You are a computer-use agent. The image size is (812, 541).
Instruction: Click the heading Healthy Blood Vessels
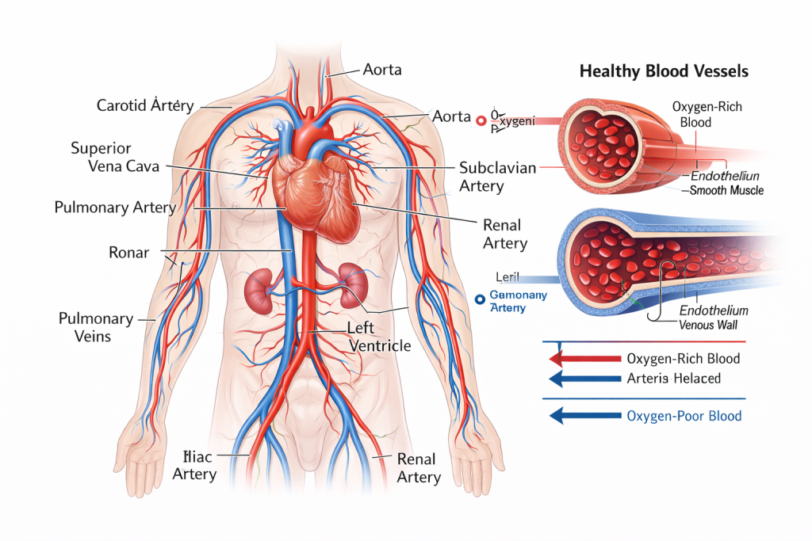click(x=664, y=71)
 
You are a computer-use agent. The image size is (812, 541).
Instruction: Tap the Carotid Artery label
click(x=145, y=105)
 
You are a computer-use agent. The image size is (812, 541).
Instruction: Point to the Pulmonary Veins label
click(x=96, y=327)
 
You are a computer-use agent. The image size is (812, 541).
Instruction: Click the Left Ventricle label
click(x=379, y=337)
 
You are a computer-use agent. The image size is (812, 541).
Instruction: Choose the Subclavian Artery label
click(x=497, y=177)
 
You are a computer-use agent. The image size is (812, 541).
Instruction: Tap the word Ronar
click(x=129, y=253)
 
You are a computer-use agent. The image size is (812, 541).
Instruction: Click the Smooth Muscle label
click(x=726, y=191)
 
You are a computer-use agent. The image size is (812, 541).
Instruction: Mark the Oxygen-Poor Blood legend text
click(x=684, y=415)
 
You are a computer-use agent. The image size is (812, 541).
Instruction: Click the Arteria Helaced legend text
click(x=673, y=379)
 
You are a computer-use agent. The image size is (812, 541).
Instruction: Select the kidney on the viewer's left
click(x=259, y=291)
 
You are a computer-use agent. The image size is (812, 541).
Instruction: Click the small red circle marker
click(x=480, y=120)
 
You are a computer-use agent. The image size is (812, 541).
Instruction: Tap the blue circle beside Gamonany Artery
click(x=478, y=299)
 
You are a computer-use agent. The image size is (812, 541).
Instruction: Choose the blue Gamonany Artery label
click(x=519, y=301)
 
